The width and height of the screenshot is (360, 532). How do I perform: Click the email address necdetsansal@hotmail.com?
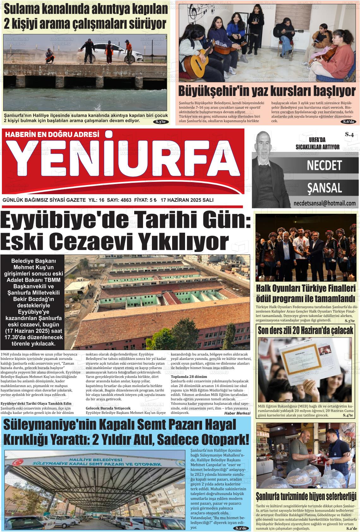(x=324, y=203)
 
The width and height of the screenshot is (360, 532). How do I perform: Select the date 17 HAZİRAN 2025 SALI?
(x=187, y=200)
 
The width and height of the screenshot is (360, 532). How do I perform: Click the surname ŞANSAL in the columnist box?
(x=324, y=188)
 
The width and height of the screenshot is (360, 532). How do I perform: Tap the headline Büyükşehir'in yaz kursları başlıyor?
(x=267, y=91)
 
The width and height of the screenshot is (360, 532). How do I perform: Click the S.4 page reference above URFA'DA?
(x=349, y=134)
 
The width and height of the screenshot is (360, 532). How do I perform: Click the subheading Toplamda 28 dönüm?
(x=189, y=377)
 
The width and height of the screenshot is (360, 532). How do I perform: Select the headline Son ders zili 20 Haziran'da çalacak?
(x=305, y=331)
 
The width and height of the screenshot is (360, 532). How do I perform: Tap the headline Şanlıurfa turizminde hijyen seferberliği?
(x=306, y=495)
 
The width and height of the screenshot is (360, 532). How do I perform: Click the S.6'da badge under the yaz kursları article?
(x=349, y=122)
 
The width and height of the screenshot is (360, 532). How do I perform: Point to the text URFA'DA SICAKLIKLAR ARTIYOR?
(x=317, y=143)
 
